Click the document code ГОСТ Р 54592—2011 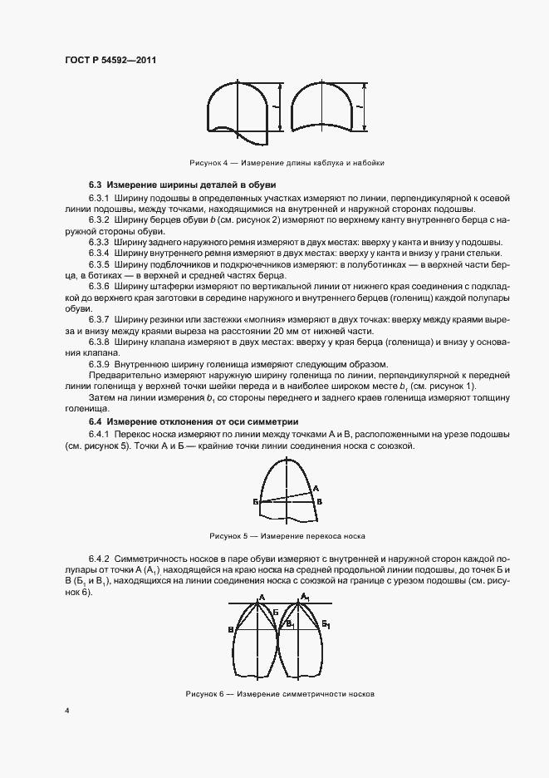point(110,61)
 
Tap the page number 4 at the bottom point(67,712)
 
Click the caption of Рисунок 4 point(287,162)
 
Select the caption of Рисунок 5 point(287,536)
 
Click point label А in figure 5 point(317,488)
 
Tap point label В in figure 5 point(321,502)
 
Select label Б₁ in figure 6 point(326,623)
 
